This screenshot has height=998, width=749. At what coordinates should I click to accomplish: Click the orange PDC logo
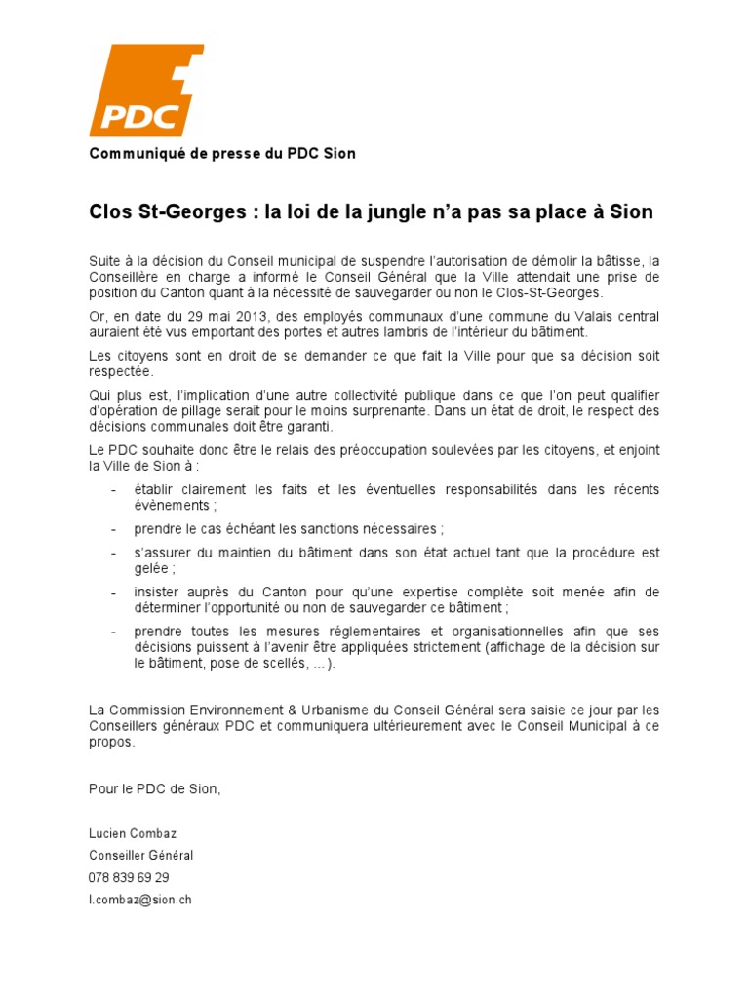pos(145,91)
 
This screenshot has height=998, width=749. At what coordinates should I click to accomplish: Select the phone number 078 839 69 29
pos(128,877)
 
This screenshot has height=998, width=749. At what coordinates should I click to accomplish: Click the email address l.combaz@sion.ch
pos(140,900)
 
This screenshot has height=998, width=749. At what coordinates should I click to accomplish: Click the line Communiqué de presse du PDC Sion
pos(222,153)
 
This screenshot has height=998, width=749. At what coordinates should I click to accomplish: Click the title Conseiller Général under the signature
pos(141,855)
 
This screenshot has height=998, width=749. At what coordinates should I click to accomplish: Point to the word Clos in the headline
pos(110,211)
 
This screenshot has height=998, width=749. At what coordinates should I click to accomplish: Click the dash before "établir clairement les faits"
pos(115,489)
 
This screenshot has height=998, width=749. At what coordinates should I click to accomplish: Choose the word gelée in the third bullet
pos(153,568)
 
